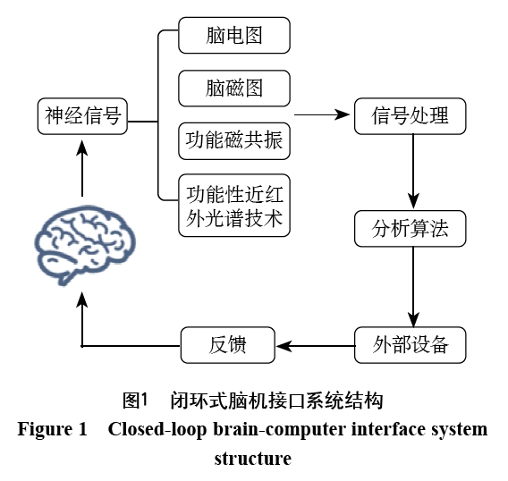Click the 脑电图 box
click(234, 35)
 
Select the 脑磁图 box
click(234, 89)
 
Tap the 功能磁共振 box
click(234, 141)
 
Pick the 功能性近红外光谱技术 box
click(234, 206)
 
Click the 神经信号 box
click(82, 116)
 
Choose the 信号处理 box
click(411, 116)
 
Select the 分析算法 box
click(411, 229)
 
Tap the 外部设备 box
click(411, 345)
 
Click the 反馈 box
click(228, 345)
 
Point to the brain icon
click(85, 245)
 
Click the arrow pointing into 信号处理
click(322, 114)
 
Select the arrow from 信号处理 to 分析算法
click(413, 172)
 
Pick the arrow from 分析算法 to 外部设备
click(413, 287)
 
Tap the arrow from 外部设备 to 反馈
click(316, 346)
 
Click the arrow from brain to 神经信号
click(82, 168)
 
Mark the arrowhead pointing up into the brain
click(82, 300)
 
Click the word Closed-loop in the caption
click(157, 429)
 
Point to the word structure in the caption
click(253, 459)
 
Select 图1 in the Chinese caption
click(135, 401)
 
